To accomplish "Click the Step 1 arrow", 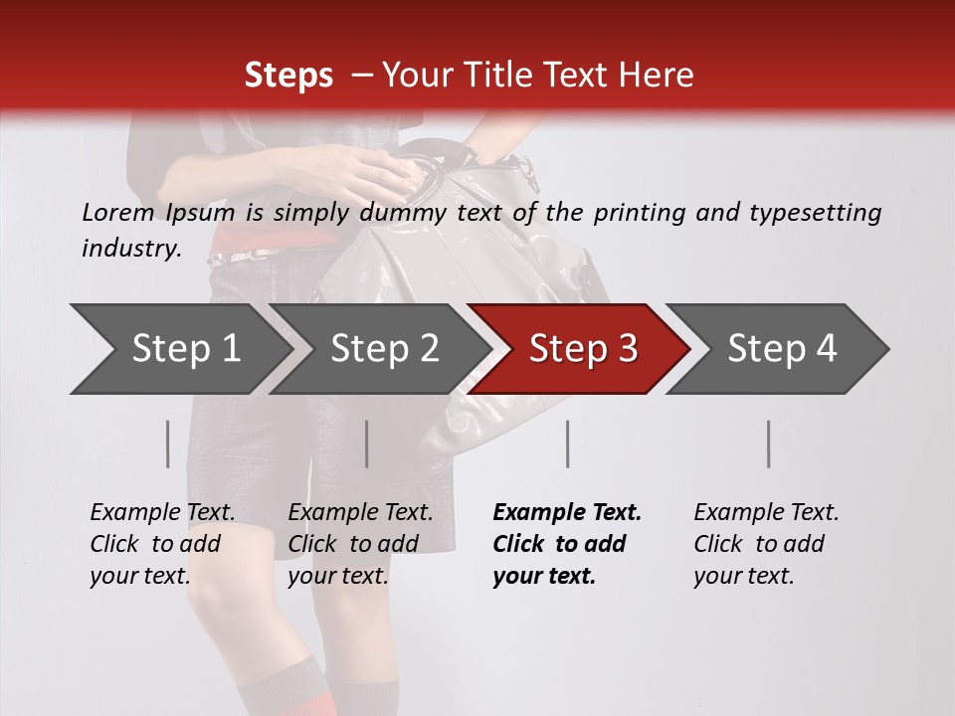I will [179, 349].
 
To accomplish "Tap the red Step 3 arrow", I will [581, 349].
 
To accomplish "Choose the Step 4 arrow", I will [781, 349].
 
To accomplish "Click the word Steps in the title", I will [288, 75].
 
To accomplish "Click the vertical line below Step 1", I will [167, 444].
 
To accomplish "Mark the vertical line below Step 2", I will [367, 444].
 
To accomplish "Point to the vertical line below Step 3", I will [567, 444].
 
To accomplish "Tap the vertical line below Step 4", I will [768, 444].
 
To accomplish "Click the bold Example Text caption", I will [567, 544].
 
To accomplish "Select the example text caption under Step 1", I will [162, 544].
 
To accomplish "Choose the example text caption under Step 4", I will [766, 544].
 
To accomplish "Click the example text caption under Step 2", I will [360, 544].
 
